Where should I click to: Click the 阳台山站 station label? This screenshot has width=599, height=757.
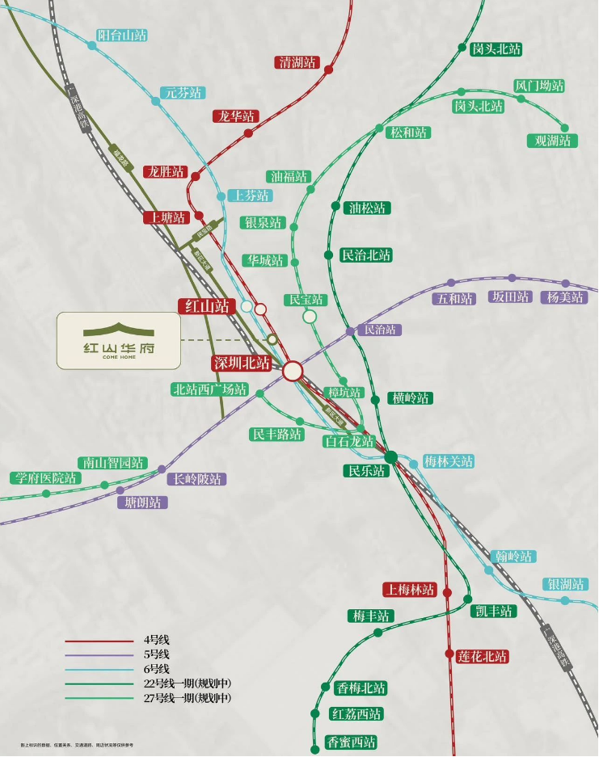pos(122,36)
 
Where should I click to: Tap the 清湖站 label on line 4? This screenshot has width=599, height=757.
pos(297,62)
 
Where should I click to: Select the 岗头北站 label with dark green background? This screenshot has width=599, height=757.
pos(496,49)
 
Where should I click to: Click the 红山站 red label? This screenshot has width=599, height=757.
pos(206,306)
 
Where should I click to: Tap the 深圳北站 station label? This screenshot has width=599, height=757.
pos(242,364)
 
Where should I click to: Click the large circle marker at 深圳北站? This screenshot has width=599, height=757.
pos(293,371)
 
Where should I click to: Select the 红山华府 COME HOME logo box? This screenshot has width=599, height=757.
pos(118,341)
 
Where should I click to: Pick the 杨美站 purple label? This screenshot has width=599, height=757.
pos(563,297)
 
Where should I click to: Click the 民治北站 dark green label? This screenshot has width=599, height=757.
pos(366,255)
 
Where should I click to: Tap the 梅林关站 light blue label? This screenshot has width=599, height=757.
pos(449,462)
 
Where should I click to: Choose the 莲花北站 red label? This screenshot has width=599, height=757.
pos(482,657)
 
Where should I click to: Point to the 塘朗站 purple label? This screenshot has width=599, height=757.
pos(142,503)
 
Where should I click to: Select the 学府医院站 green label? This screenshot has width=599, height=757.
pos(45,478)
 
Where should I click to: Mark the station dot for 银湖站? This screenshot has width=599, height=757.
pos(565,600)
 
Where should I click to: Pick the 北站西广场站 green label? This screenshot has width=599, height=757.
pos(209,389)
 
